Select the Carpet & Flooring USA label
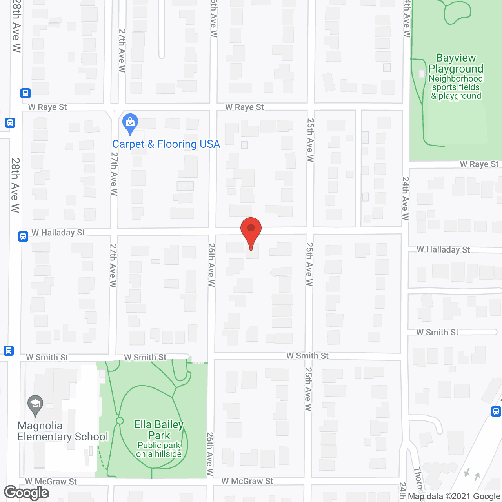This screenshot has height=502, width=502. click(x=166, y=144)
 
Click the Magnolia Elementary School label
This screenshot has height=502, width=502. click(x=63, y=431)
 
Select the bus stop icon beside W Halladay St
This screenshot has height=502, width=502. click(x=23, y=236)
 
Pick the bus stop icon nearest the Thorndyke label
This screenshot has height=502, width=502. click(x=496, y=411)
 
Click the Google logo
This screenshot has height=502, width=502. click(x=27, y=493)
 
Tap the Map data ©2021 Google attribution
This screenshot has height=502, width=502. click(x=454, y=497)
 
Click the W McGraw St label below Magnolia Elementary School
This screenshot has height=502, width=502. click(x=51, y=482)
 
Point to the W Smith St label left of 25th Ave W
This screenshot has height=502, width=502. click(x=307, y=356)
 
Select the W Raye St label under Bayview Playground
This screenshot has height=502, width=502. click(x=479, y=164)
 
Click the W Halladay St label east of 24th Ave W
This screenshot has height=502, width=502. click(x=443, y=249)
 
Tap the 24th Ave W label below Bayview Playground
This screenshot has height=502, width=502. click(x=405, y=198)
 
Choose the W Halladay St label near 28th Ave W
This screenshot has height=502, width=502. click(x=58, y=233)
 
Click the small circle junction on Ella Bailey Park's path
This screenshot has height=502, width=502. click(x=120, y=421)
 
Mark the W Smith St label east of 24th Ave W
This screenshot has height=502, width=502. click(x=437, y=333)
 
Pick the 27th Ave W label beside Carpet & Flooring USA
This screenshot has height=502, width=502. click(x=114, y=173)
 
